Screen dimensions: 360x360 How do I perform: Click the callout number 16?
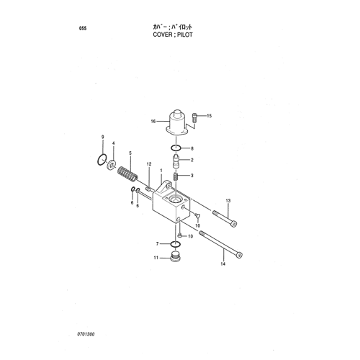pos(153,122)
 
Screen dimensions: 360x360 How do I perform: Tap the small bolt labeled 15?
pos(194,118)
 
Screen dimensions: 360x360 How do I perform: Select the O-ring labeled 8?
pos(176,148)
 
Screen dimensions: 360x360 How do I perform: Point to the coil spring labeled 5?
pos(127,174)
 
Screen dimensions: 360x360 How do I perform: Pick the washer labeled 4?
pos(111,164)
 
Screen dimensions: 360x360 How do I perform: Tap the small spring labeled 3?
pos(176,177)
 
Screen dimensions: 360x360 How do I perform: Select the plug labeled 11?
pos(175,257)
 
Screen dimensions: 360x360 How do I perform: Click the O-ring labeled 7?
pos(176,244)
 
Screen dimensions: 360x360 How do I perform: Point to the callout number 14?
pos(223,264)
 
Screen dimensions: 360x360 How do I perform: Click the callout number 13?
pos(228,200)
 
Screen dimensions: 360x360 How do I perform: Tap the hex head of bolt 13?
pos(234,224)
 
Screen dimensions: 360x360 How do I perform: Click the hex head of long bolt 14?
pos(239,256)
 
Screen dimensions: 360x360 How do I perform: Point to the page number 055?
pos(83,29)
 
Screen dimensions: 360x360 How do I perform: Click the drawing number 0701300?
pos(86,334)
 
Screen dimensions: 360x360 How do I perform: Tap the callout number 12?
pos(149,164)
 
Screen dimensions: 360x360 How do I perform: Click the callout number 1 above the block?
pos(161,171)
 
